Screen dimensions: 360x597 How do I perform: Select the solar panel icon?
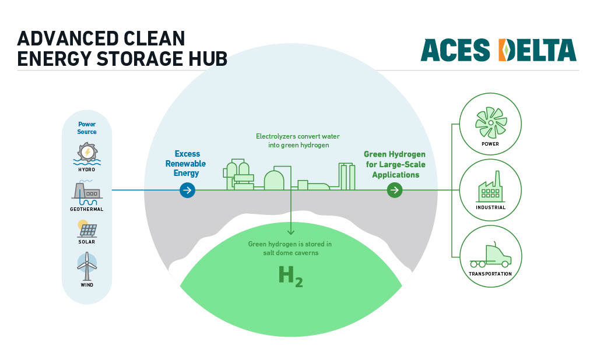tap(87, 228)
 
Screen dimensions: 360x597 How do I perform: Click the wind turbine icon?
tap(87, 265)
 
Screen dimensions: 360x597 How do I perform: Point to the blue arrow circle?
tap(187, 190)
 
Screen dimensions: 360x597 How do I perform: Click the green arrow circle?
tap(395, 190)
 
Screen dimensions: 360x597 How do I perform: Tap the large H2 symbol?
tap(290, 276)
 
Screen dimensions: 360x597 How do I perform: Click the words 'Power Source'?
tap(87, 128)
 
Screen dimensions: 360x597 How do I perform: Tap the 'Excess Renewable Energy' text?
tap(186, 164)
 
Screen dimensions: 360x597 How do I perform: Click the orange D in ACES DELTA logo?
tap(506, 50)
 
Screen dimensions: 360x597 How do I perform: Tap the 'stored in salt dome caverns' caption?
tap(290, 249)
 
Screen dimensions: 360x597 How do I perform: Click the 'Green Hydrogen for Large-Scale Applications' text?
tap(395, 164)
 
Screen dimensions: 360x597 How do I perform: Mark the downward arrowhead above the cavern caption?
tap(290, 233)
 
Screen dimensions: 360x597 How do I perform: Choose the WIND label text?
tap(87, 285)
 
